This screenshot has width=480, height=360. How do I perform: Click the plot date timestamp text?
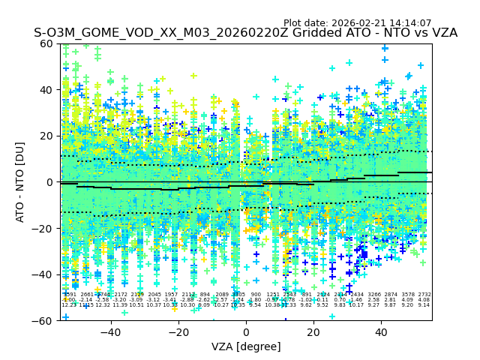pyautogui.click(x=357, y=23)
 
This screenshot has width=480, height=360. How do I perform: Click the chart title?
pyautogui.click(x=245, y=34)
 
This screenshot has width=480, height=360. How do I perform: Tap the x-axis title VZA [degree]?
pyautogui.click(x=246, y=346)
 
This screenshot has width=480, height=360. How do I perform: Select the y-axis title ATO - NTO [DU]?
pyautogui.click(x=20, y=182)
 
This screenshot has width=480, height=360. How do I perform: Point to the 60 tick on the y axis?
pyautogui.click(x=46, y=43)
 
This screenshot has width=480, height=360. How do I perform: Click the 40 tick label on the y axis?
pyautogui.click(x=46, y=90)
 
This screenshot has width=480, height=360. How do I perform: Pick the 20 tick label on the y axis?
pyautogui.click(x=46, y=136)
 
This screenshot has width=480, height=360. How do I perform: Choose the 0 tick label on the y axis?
pyautogui.click(x=49, y=182)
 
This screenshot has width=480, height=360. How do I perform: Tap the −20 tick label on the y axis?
pyautogui.click(x=43, y=228)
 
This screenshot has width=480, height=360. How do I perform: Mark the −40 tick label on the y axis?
pyautogui.click(x=43, y=274)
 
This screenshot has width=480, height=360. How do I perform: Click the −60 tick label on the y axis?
pyautogui.click(x=43, y=320)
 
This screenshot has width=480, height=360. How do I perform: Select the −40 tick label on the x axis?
pyautogui.click(x=110, y=331)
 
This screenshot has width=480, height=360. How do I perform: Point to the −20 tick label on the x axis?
pyautogui.click(x=178, y=331)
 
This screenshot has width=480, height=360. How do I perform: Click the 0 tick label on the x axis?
pyautogui.click(x=246, y=331)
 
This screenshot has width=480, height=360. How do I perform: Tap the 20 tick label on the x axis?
pyautogui.click(x=313, y=331)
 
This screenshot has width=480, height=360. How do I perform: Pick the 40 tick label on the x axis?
pyautogui.click(x=381, y=331)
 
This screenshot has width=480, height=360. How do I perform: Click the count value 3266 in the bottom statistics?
pyautogui.click(x=373, y=295)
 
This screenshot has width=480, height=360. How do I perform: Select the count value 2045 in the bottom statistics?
pyautogui.click(x=154, y=295)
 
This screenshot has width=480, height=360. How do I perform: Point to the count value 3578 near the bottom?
pyautogui.click(x=407, y=295)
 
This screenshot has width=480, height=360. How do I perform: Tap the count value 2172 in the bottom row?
pyautogui.click(x=121, y=295)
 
